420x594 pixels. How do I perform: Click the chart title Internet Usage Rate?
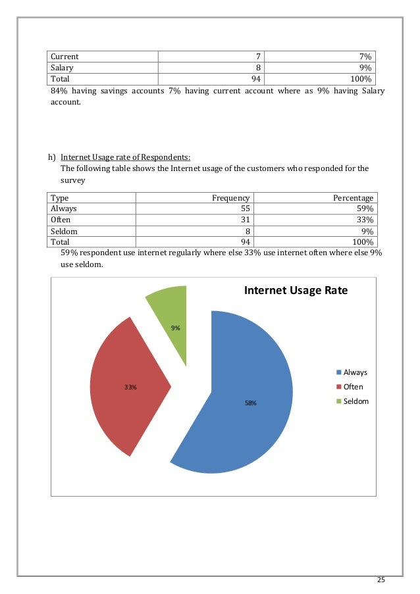[x=296, y=291]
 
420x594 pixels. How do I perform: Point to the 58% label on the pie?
[x=251, y=403]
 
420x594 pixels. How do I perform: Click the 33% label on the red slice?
[x=131, y=387]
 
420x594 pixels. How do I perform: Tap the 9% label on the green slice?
[x=175, y=328]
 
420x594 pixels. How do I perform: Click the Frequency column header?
[x=230, y=198]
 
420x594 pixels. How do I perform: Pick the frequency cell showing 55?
[x=244, y=209]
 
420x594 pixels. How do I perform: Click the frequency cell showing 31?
[x=244, y=220]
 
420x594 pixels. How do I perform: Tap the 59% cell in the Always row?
[x=365, y=209]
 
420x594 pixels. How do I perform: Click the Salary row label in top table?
[x=62, y=67]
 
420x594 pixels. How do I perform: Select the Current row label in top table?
[x=65, y=57]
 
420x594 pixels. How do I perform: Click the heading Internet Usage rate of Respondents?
[x=126, y=157]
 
